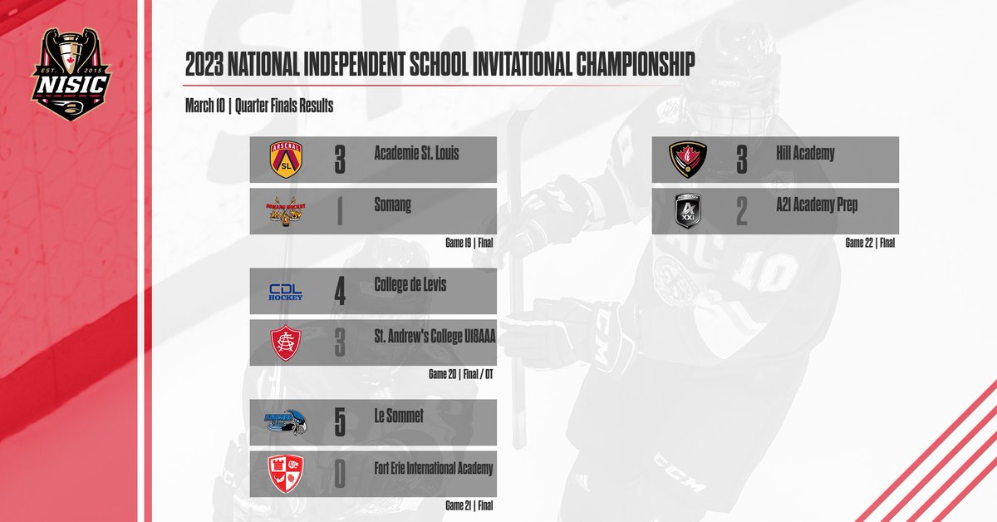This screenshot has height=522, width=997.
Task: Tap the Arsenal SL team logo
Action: pos(287,159)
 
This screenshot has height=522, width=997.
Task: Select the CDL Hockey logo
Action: pos(286,292)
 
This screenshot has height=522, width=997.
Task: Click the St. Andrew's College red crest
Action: pos(286,342)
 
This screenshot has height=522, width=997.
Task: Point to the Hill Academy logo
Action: pos(689,160)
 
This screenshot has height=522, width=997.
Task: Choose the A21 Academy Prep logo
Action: pos(689,211)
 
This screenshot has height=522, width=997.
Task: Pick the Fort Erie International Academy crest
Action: pos(286,475)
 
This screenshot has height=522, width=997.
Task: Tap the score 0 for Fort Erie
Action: pos(339,475)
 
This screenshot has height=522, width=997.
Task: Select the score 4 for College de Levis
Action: pos(339,292)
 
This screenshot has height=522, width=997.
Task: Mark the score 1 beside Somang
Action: pos(339,211)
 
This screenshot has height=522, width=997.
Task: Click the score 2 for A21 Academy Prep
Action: pos(741,211)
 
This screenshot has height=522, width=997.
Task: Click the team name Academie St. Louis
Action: pos(416,153)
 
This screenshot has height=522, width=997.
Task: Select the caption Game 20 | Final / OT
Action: pos(461,374)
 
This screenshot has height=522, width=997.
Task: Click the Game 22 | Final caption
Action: pos(870,244)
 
